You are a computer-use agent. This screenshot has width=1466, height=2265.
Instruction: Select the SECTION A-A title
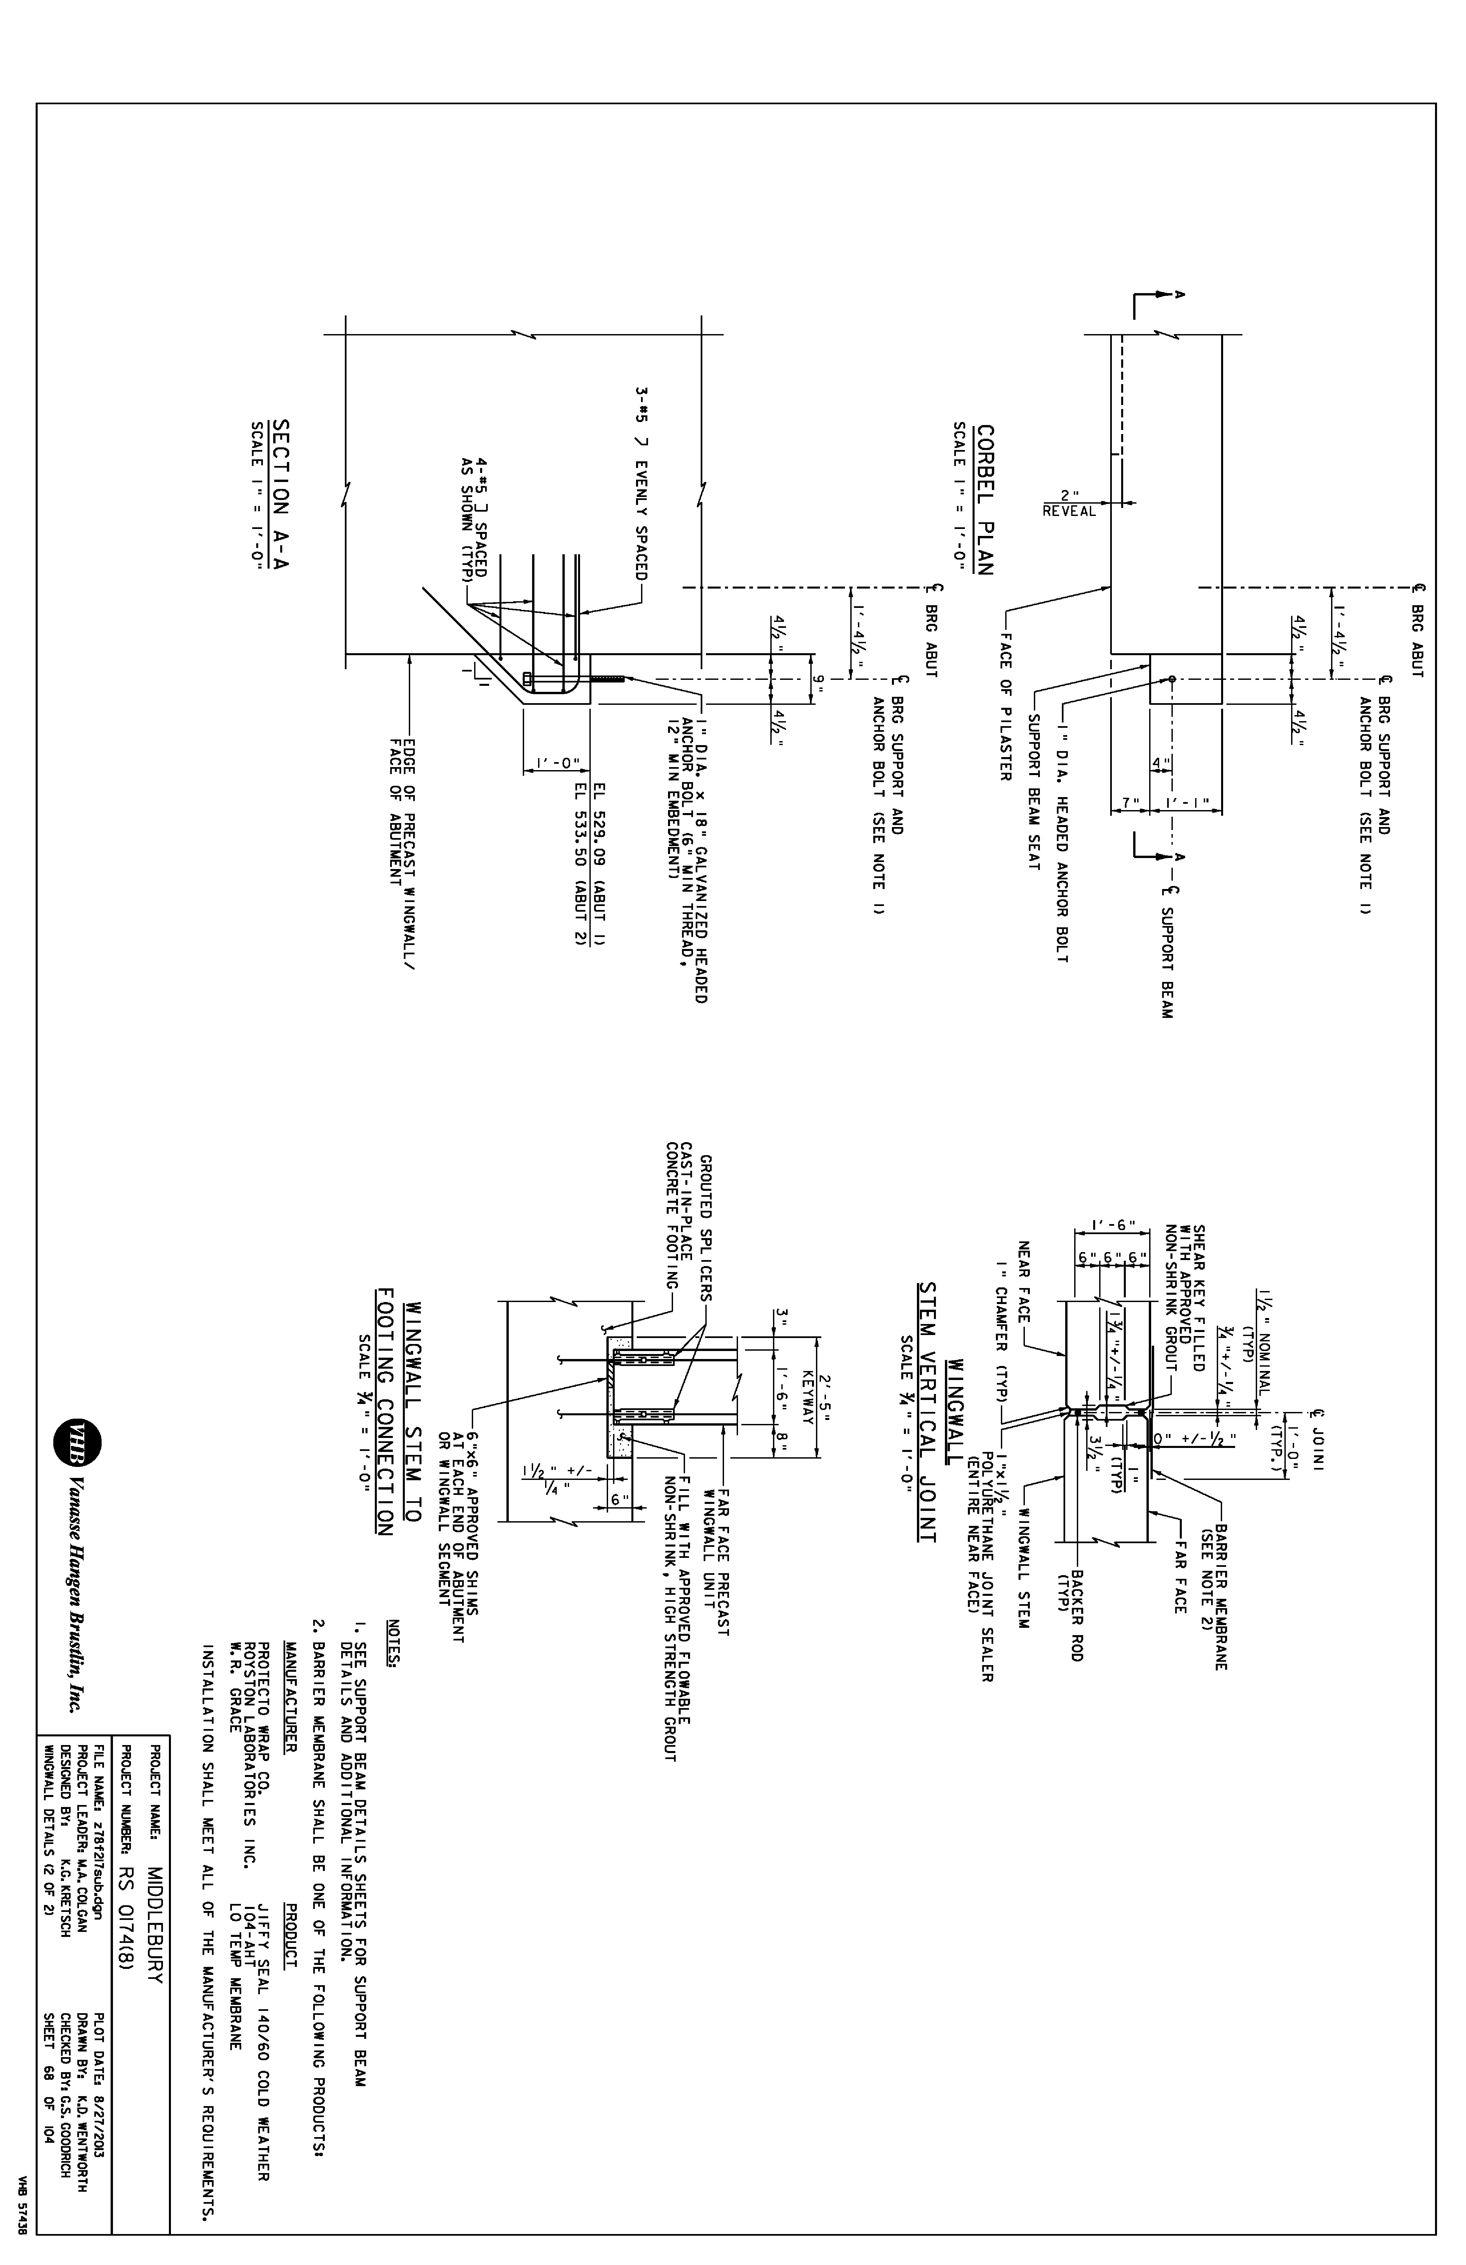click(x=282, y=495)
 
